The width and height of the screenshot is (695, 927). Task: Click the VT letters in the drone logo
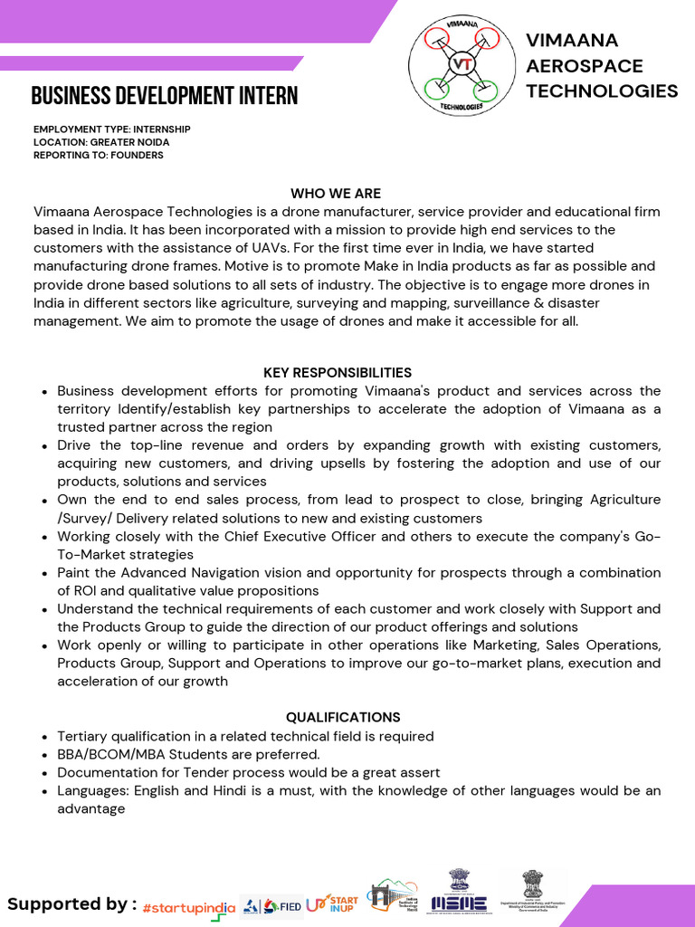(x=462, y=64)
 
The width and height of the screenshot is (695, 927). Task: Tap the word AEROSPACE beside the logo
(x=585, y=65)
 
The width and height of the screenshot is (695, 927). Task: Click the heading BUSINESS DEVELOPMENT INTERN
(x=164, y=96)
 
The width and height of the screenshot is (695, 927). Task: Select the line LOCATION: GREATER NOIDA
(x=101, y=142)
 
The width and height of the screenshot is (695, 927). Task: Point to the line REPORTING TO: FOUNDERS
(x=99, y=155)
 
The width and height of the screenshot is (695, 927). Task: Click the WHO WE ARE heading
(x=336, y=193)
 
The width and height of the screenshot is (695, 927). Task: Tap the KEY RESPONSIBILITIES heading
(x=338, y=372)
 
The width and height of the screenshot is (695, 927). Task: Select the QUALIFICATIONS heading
(x=343, y=717)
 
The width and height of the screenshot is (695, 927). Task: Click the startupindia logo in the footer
(x=189, y=907)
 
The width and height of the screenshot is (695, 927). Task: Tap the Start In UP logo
(x=332, y=903)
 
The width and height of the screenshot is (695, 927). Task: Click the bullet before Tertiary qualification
(x=45, y=737)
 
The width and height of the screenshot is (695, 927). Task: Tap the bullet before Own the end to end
(x=45, y=500)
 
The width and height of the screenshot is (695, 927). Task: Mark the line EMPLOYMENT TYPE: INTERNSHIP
(x=112, y=129)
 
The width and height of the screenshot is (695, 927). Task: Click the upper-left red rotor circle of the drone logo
(x=437, y=39)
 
